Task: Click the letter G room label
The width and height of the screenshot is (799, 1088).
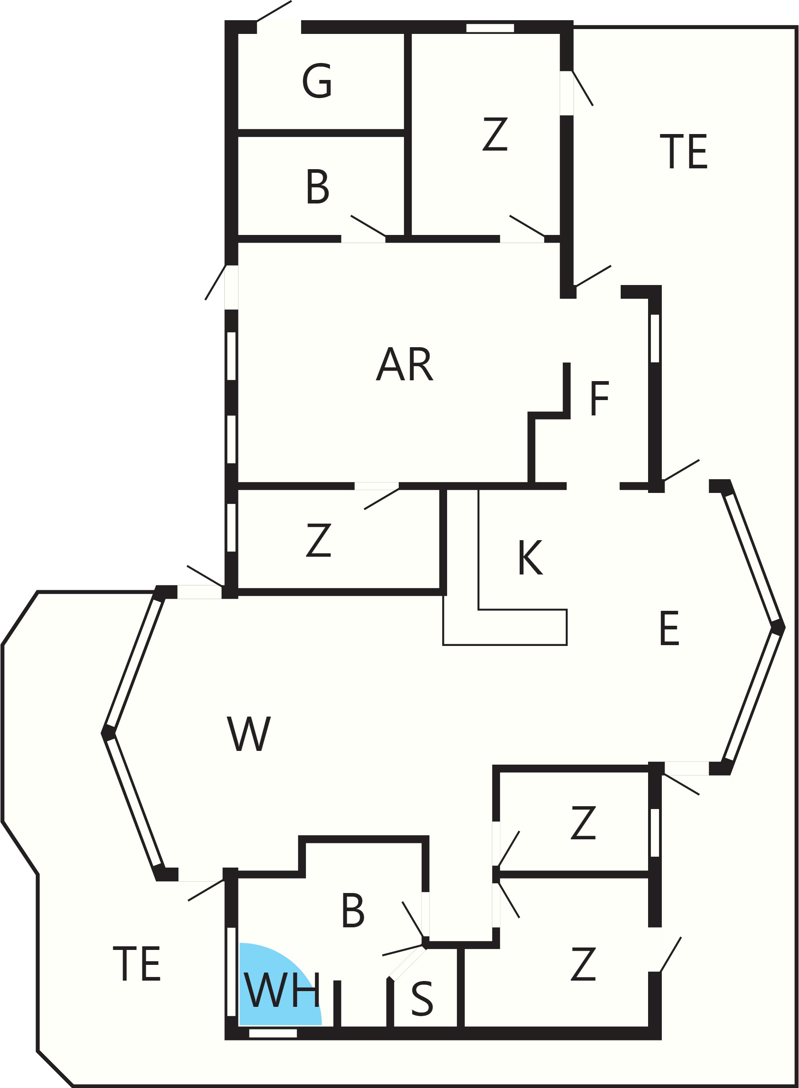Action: (x=317, y=81)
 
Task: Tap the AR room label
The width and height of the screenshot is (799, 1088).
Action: (x=404, y=364)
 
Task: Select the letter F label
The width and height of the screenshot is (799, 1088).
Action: (x=600, y=398)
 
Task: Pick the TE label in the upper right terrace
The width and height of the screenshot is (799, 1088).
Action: (x=684, y=151)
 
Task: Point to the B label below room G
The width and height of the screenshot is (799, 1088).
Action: (x=318, y=187)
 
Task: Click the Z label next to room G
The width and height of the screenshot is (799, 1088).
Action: (x=495, y=134)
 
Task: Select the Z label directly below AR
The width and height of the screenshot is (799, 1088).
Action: (x=319, y=540)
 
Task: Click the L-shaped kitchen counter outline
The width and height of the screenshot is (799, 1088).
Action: (x=505, y=627)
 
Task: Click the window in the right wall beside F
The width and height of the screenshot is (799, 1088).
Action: (x=655, y=339)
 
